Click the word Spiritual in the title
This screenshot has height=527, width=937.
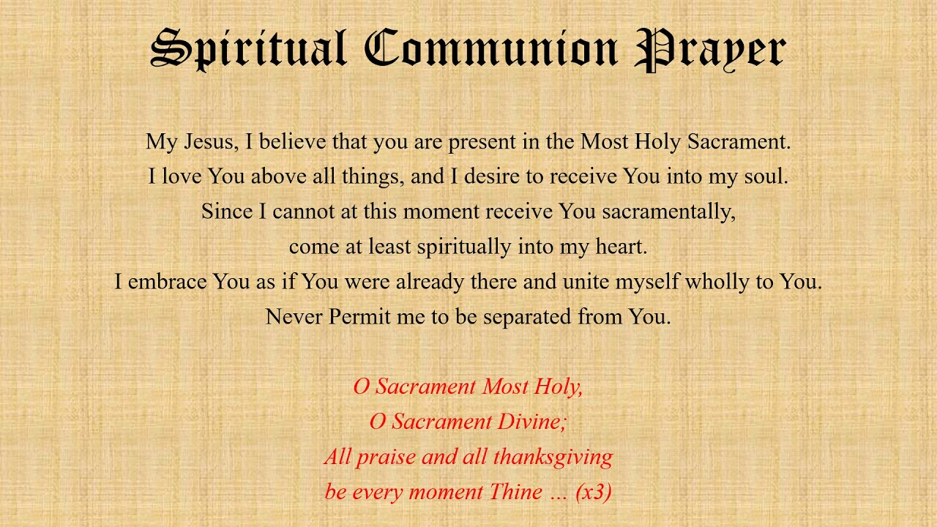coord(248,50)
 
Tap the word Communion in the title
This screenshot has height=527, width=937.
coord(490,50)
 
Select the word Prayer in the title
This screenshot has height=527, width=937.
coord(710,50)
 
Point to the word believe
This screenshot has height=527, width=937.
coord(293,141)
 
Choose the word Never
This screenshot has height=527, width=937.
coord(294,317)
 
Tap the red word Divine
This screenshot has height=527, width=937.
coord(532,422)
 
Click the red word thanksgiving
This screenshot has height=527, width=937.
coord(553,457)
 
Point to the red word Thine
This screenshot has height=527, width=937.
coord(515,492)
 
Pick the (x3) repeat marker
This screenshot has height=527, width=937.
coord(594,492)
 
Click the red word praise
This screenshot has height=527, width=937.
coord(387,457)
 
